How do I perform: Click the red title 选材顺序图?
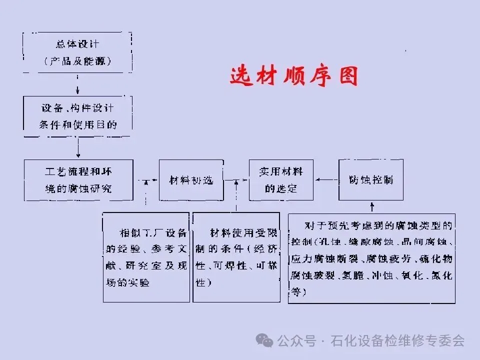tap(294, 76)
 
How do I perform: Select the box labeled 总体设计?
tap(77, 52)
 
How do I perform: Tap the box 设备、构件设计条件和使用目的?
tap(77, 116)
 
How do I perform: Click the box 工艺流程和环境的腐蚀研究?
tap(78, 180)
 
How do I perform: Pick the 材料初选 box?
tap(190, 180)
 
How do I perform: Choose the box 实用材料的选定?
tap(281, 180)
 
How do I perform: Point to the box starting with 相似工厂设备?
tap(146, 257)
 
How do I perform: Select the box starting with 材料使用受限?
tap(236, 257)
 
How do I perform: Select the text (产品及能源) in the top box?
tap(77, 61)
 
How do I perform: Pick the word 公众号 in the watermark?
tap(297, 341)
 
